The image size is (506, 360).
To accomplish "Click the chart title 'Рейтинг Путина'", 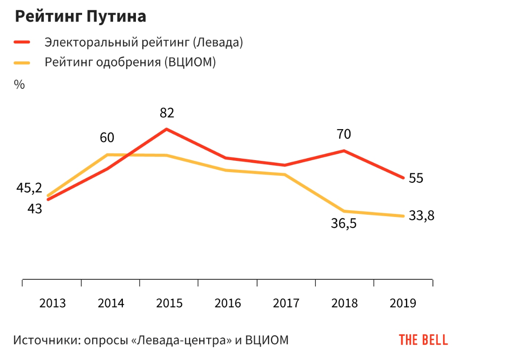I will coord(81,17).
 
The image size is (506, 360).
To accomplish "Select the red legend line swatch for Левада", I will coord(22,43).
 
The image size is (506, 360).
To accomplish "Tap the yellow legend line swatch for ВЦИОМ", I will coord(22,62).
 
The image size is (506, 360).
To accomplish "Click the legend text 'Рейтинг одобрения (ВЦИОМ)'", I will coord(130,62).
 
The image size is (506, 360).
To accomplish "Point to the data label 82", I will coord(167,113).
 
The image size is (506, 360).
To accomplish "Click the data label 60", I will coord(107,138).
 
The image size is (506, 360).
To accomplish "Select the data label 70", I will coord(344,134).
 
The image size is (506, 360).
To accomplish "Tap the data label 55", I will coord(416,178).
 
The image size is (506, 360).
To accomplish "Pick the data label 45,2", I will coord(29,188).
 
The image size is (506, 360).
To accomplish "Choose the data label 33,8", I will coord(422,216).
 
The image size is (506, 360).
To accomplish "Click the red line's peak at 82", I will coord(166,129).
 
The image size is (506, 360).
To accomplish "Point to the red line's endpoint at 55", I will coord(403,178).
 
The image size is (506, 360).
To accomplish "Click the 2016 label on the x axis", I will coord(228,304).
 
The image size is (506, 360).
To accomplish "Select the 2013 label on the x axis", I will coord(52,304).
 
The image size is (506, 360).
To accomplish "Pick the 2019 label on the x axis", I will coord(403,304).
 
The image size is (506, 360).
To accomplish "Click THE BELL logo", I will coord(423,340).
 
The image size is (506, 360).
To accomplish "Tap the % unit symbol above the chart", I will coord(19,84).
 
